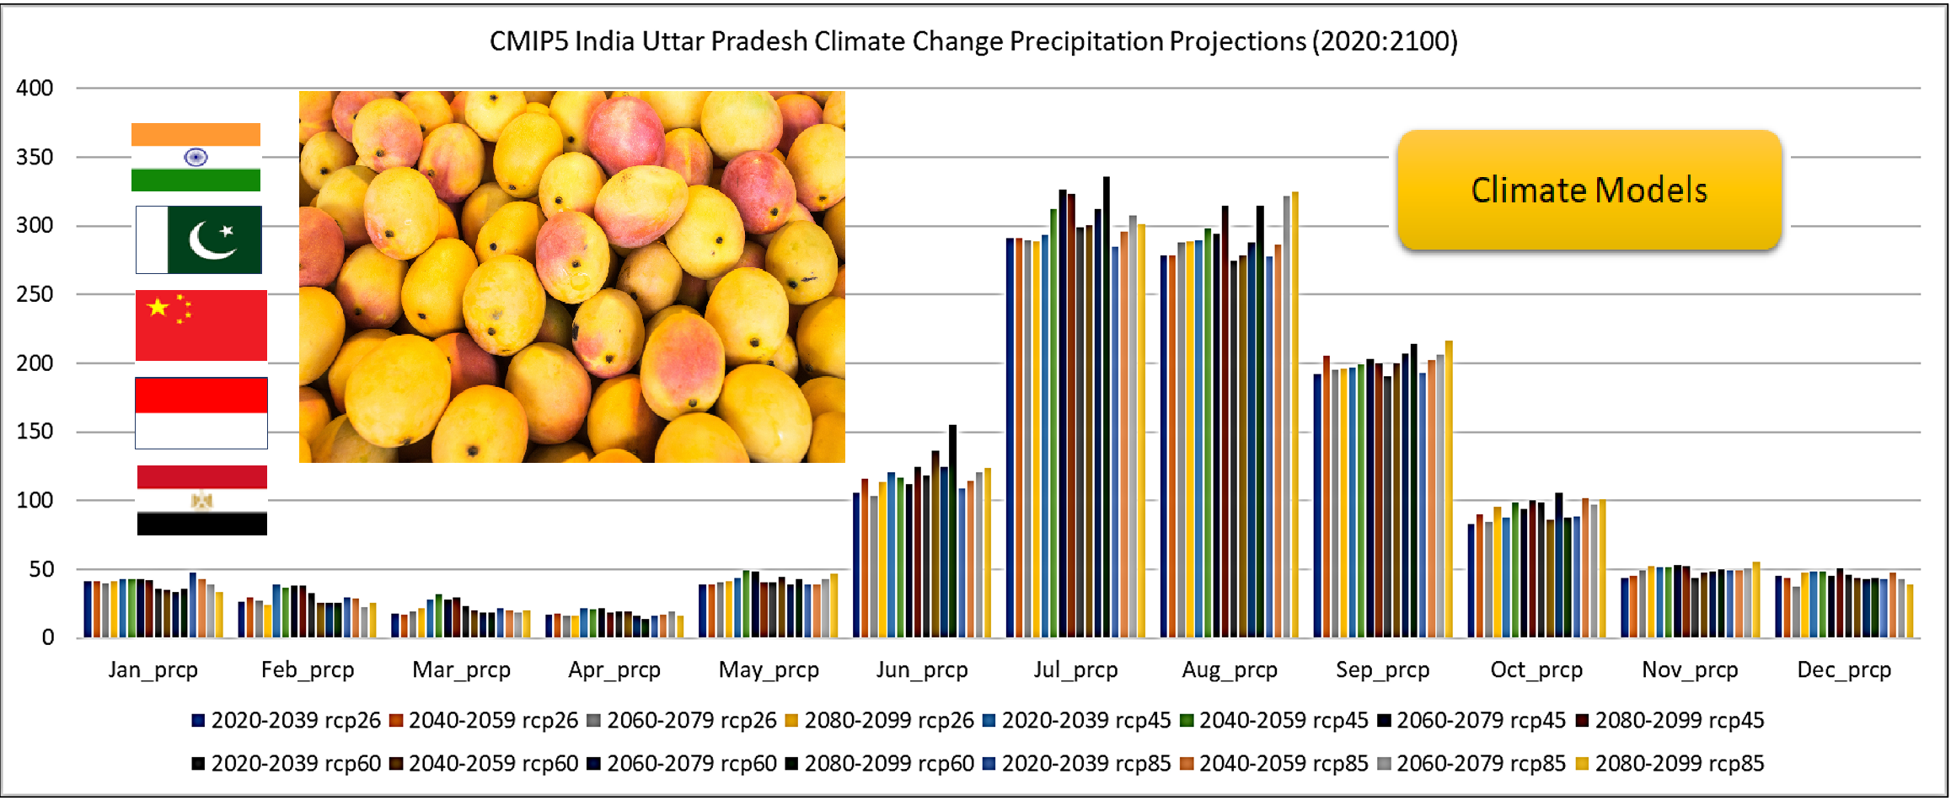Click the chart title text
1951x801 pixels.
pyautogui.click(x=973, y=41)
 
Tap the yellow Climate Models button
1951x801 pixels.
pyautogui.click(x=1589, y=190)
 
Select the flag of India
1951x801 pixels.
pyautogui.click(x=196, y=158)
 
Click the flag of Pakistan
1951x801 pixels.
pyautogui.click(x=199, y=239)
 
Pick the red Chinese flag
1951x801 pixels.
pyautogui.click(x=201, y=325)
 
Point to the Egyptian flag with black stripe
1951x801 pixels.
pyautogui.click(x=202, y=500)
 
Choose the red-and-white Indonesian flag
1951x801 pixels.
pyautogui.click(x=201, y=413)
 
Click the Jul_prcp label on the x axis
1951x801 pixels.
pyautogui.click(x=1075, y=670)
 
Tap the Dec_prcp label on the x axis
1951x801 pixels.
pyautogui.click(x=1844, y=670)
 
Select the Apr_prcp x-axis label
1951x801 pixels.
pyautogui.click(x=614, y=670)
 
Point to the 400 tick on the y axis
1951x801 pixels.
pyautogui.click(x=35, y=88)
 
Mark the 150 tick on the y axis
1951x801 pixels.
pyautogui.click(x=35, y=432)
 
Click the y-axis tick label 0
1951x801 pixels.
pyautogui.click(x=48, y=638)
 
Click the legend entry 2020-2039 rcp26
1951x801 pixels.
pyautogui.click(x=287, y=721)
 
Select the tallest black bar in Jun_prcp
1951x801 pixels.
pyautogui.click(x=953, y=530)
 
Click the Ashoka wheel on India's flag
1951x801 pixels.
pyautogui.click(x=196, y=158)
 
